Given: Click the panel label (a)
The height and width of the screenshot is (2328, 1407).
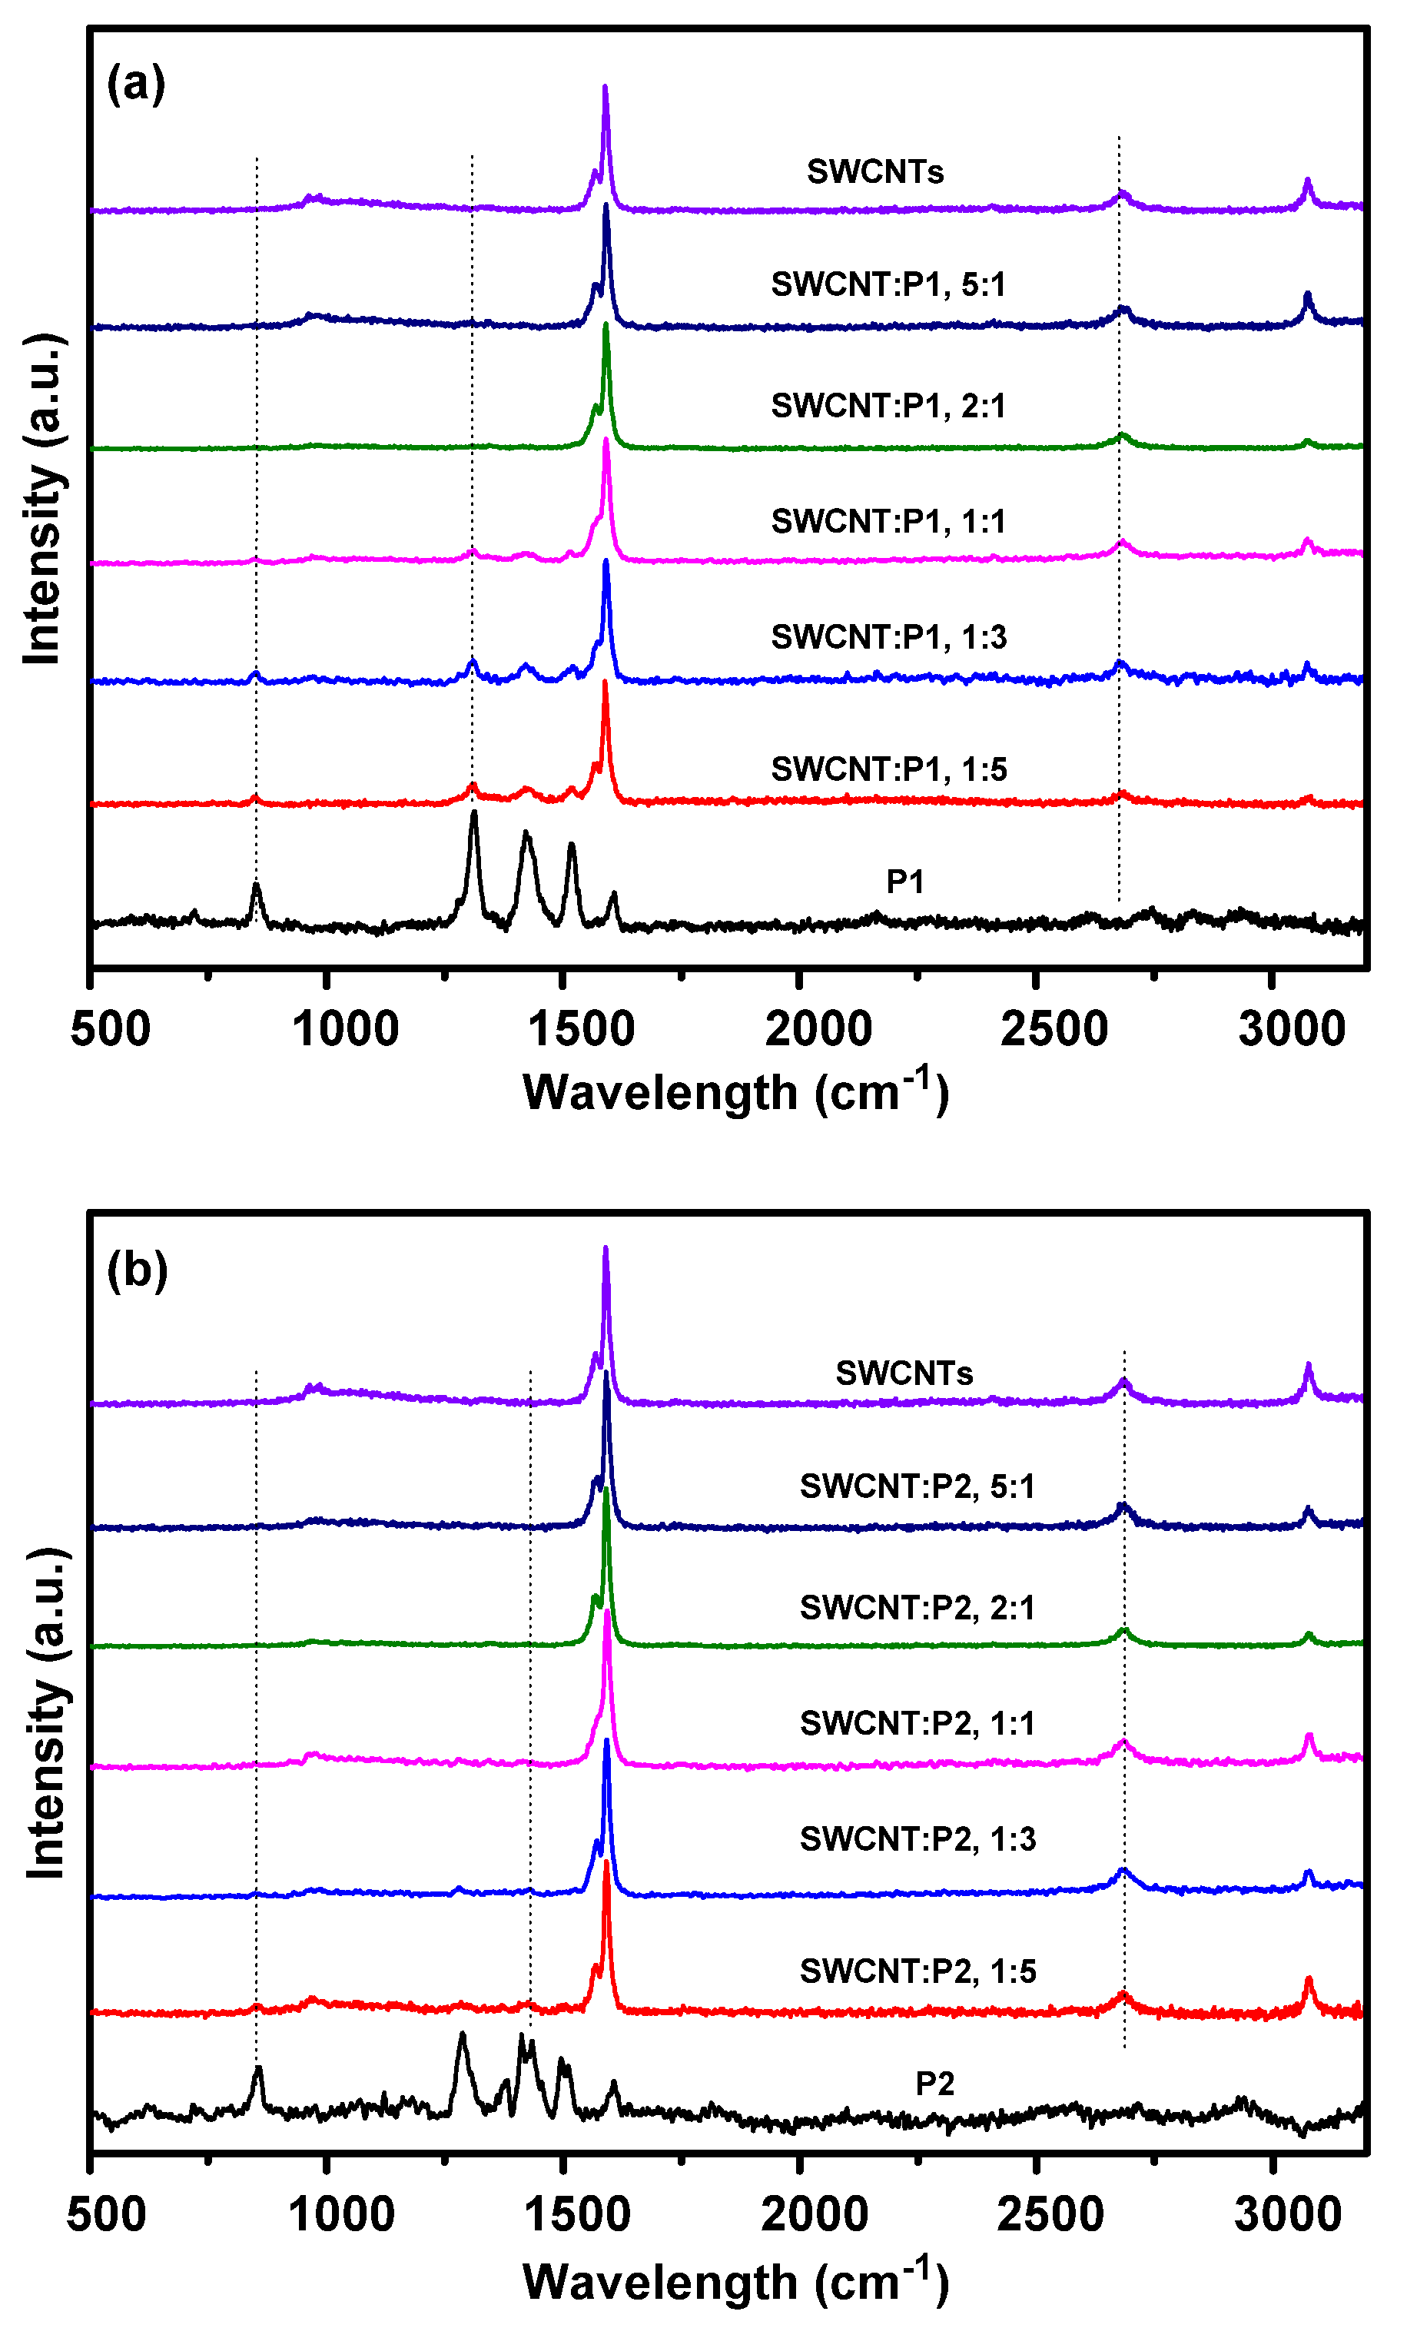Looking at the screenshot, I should [135, 83].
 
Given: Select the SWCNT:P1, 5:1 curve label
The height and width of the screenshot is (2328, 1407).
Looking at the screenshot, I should [888, 284].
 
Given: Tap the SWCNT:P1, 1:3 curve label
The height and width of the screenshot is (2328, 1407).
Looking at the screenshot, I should [888, 637].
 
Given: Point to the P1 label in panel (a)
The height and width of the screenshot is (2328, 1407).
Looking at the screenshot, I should [904, 882].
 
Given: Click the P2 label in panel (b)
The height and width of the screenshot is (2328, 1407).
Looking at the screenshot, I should [934, 2084].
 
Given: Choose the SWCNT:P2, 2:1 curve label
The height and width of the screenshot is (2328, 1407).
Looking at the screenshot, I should [917, 1607].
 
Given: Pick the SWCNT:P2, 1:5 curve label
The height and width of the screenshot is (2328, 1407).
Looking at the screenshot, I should [917, 1971].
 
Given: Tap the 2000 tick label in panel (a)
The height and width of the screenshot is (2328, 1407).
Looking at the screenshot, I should [818, 1030].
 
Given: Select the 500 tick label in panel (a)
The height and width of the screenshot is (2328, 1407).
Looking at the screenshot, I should [110, 1030].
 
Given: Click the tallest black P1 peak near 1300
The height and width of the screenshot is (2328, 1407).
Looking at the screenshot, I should [473, 815].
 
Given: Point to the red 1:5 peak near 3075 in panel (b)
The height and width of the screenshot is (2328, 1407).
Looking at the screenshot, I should [1309, 1981].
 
